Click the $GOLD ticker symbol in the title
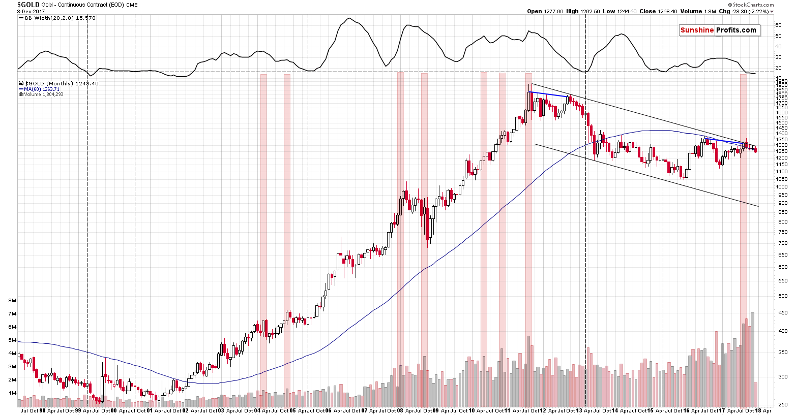tap(28, 5)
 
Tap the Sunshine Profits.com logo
tap(719, 30)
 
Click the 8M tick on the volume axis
tap(13, 301)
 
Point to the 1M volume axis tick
tap(13, 393)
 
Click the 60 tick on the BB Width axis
tap(778, 25)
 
